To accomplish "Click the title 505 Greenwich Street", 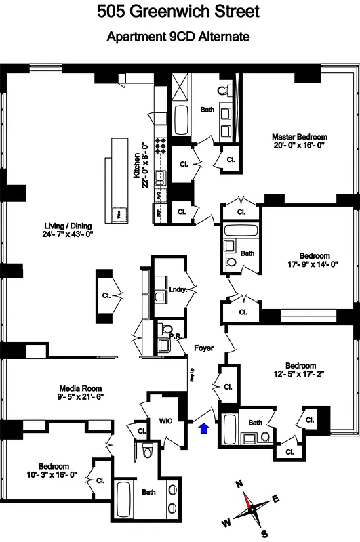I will tap(178, 12).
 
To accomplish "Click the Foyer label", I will tap(203, 348).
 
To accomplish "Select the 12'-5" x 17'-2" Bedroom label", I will tap(300, 369).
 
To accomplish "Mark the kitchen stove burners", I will tap(161, 146).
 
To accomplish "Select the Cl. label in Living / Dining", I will tap(106, 295).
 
